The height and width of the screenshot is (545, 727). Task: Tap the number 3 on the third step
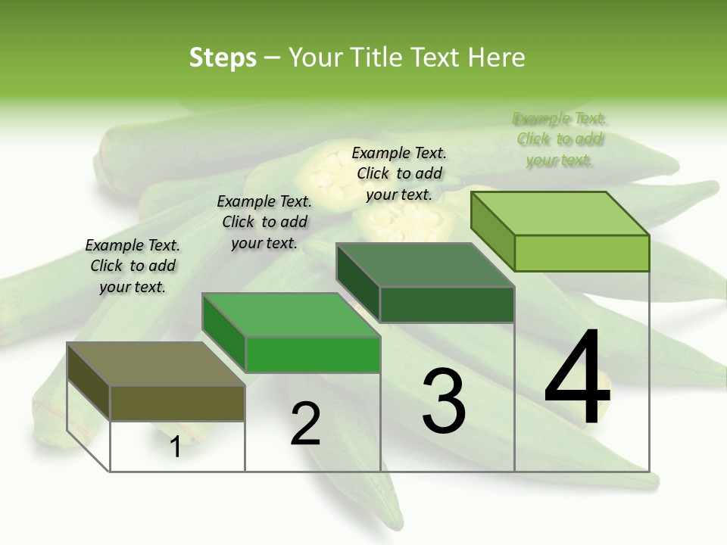(444, 400)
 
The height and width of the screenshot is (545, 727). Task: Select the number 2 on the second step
(306, 424)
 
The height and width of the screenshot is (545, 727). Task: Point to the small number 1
(176, 447)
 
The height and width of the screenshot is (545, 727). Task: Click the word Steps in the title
(223, 58)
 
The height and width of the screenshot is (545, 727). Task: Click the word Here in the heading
(496, 58)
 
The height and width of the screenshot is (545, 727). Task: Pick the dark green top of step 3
(425, 265)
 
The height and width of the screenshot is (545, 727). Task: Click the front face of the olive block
(177, 403)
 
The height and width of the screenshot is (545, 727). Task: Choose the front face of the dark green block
(447, 304)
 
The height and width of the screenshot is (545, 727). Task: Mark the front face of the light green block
(582, 253)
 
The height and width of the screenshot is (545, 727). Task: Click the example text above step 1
(133, 266)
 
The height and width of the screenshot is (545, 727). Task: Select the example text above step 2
(264, 222)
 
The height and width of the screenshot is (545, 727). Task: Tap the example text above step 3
(399, 173)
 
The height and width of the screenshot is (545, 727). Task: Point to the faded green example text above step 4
(560, 139)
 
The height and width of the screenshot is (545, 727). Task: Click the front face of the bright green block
(313, 354)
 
